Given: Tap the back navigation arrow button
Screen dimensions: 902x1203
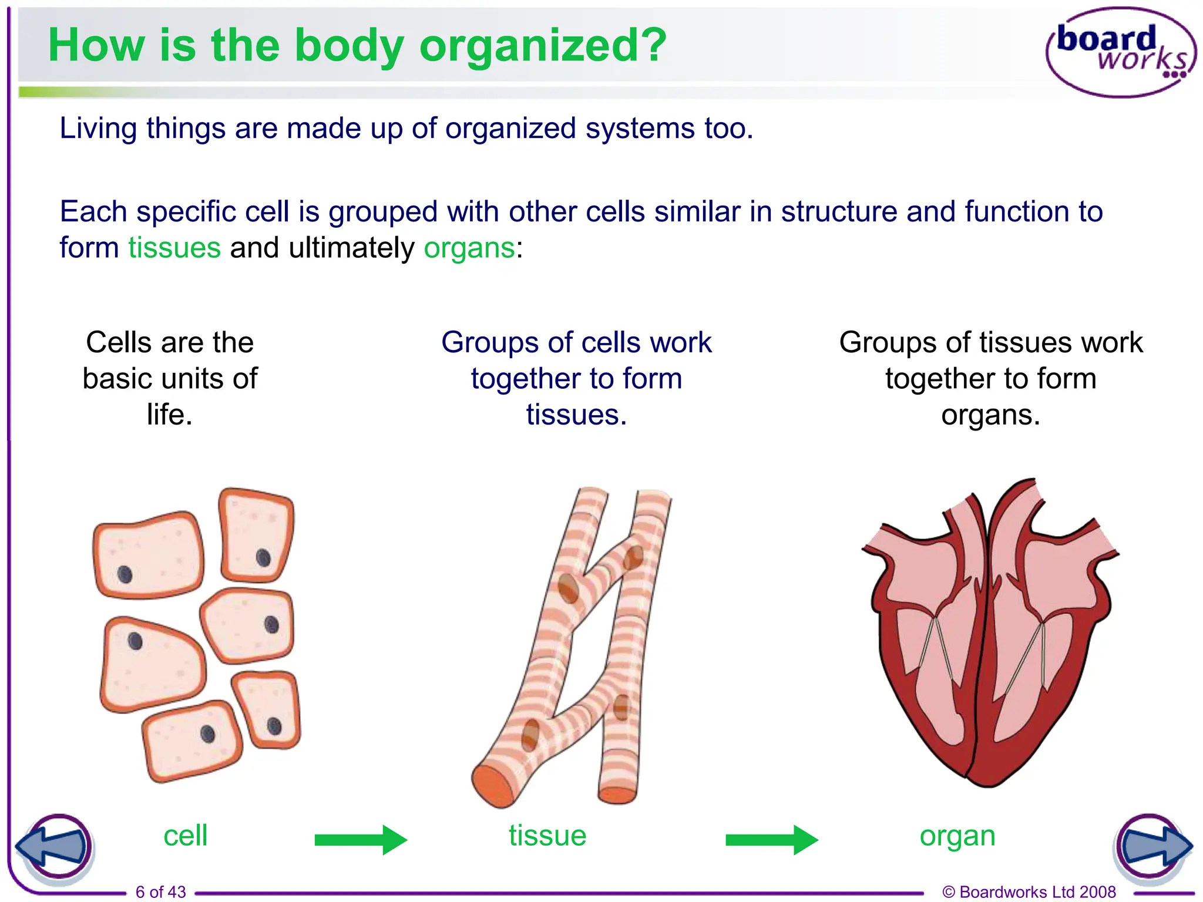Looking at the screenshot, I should (54, 847).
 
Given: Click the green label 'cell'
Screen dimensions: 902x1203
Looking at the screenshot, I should (185, 836).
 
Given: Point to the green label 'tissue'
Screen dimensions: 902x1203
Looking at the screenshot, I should (547, 836).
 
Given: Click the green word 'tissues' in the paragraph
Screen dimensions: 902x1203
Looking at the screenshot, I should (174, 248).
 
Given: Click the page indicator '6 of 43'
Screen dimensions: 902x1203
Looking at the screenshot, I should (160, 892).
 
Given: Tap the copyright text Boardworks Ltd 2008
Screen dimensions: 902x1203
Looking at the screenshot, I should (1029, 892).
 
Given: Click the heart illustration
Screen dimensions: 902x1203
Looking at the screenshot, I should (990, 634).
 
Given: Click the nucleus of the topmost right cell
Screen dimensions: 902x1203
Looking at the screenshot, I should (263, 557).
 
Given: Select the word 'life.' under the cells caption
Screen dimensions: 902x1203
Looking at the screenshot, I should (170, 415).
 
